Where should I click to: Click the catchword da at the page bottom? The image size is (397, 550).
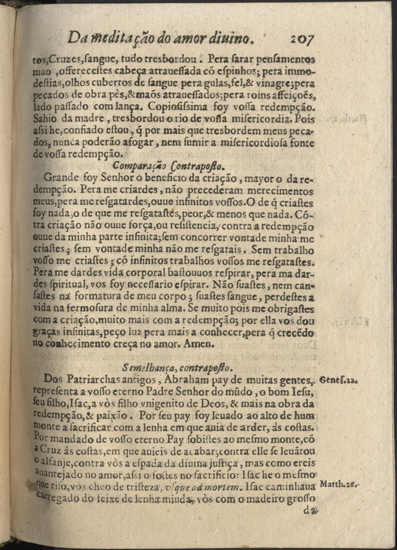click(310, 511)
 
